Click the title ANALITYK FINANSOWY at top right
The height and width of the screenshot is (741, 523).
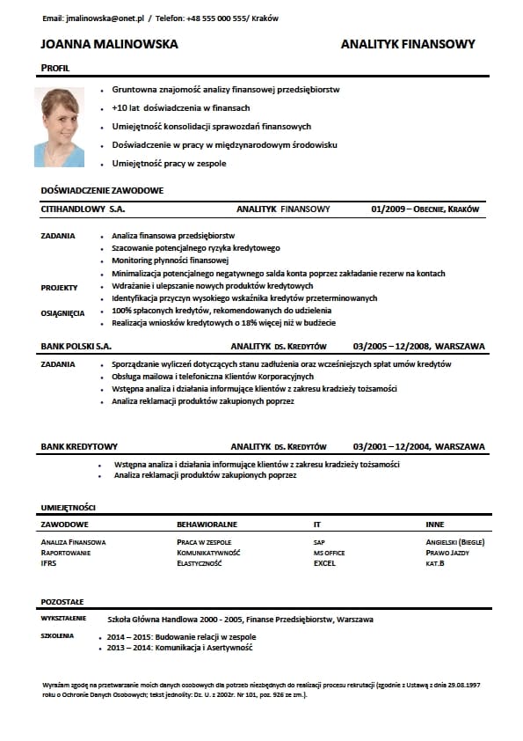pyautogui.click(x=407, y=44)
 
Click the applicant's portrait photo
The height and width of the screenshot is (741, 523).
pyautogui.click(x=60, y=127)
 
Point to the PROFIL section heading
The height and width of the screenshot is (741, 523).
pyautogui.click(x=54, y=68)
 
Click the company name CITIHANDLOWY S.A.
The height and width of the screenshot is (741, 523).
pyautogui.click(x=83, y=209)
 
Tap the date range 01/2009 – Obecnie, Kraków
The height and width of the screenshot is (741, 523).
pyautogui.click(x=425, y=209)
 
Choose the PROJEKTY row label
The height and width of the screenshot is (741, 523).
pyautogui.click(x=59, y=287)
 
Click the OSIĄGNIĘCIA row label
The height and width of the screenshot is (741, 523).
pyautogui.click(x=62, y=312)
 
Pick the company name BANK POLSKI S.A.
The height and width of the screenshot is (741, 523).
pyautogui.click(x=76, y=347)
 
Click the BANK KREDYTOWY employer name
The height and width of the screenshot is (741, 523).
pyautogui.click(x=79, y=447)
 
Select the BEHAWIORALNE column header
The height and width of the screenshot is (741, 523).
pyautogui.click(x=207, y=525)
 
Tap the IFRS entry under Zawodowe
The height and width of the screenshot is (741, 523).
pyautogui.click(x=48, y=563)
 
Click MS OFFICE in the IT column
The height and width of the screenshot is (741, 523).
pyautogui.click(x=329, y=553)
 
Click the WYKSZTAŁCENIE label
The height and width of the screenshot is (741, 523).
pyautogui.click(x=63, y=619)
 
